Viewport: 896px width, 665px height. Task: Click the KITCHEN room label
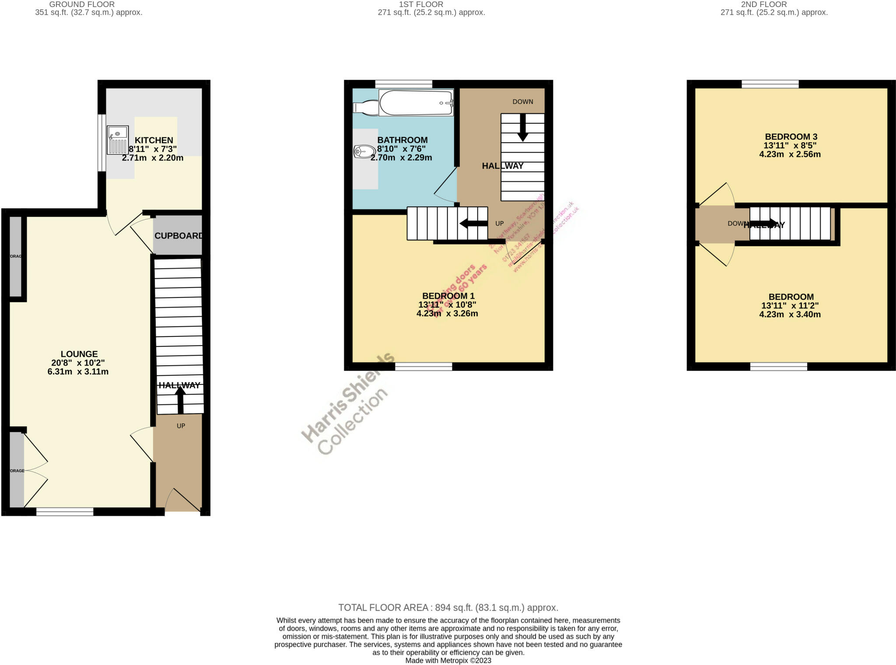tap(154, 140)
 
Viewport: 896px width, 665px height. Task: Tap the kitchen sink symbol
tap(117, 140)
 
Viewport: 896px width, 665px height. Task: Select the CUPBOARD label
tap(178, 236)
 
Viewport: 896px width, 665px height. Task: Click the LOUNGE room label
tap(79, 354)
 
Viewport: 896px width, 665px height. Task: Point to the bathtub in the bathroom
tap(416, 103)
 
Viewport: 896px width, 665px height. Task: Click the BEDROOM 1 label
tap(448, 296)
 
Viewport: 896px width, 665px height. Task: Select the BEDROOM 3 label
tap(791, 136)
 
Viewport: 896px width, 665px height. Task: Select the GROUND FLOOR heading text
tap(82, 4)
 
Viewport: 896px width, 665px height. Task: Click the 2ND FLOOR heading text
tap(764, 4)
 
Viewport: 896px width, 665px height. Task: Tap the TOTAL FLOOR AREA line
tap(448, 608)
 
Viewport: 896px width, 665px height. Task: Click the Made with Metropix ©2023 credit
tap(448, 661)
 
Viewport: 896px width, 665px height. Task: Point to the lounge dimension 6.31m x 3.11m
tap(78, 372)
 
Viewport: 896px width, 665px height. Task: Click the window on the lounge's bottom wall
tap(65, 511)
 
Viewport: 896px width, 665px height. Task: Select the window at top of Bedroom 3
tap(770, 84)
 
